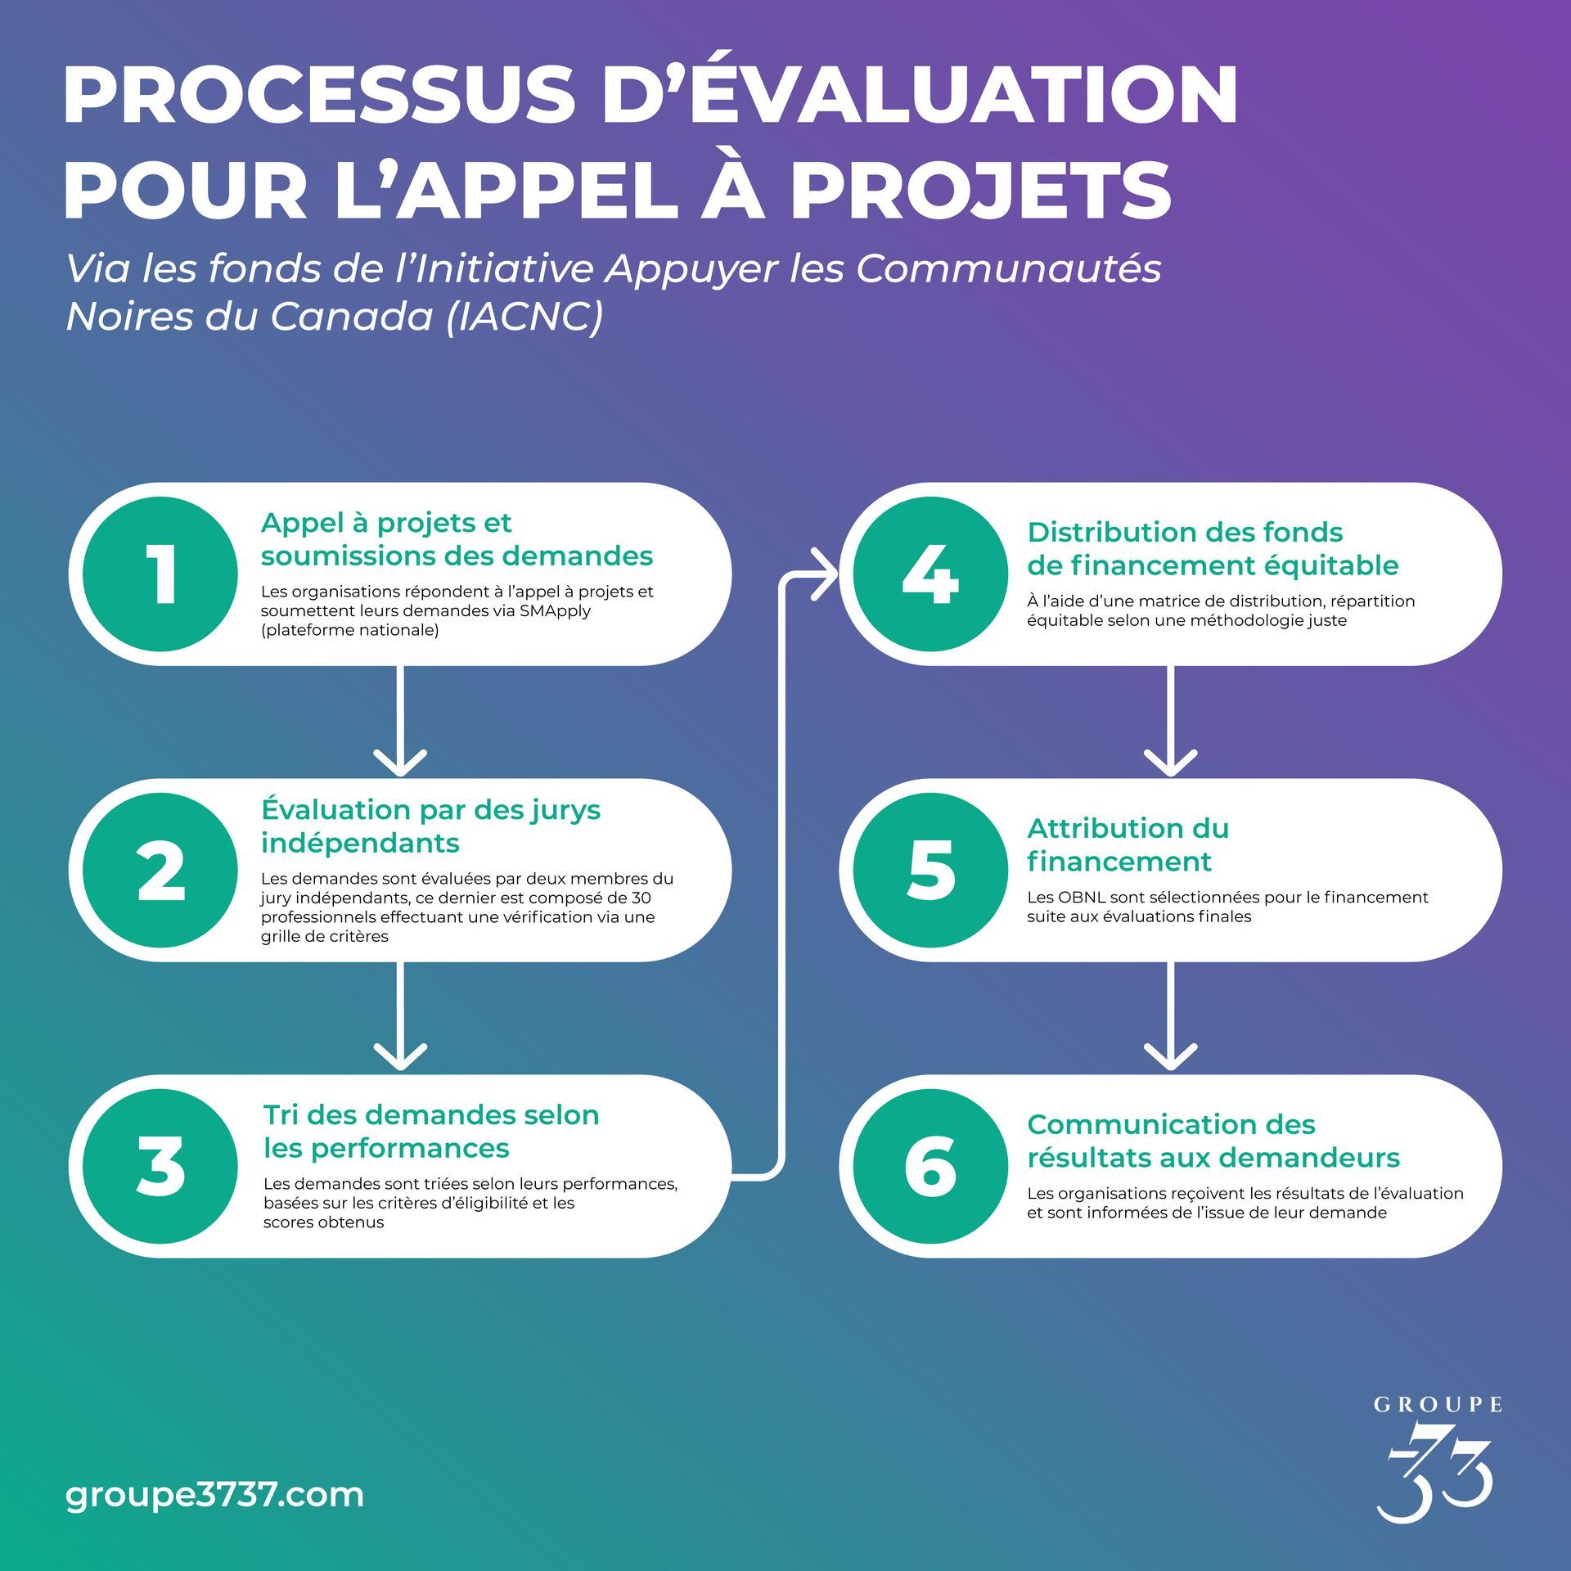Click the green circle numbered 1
(160, 574)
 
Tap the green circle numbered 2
(160, 871)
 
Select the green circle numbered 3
(160, 1167)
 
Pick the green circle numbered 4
(930, 574)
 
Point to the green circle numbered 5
(930, 871)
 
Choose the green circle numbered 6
(930, 1167)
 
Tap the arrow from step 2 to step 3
(400, 1017)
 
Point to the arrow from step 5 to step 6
(1170, 1017)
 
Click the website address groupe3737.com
(214, 1495)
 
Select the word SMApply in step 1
(554, 611)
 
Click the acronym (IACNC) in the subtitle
(524, 317)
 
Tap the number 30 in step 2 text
(641, 898)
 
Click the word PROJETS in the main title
(981, 190)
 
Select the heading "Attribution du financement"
(1128, 844)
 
